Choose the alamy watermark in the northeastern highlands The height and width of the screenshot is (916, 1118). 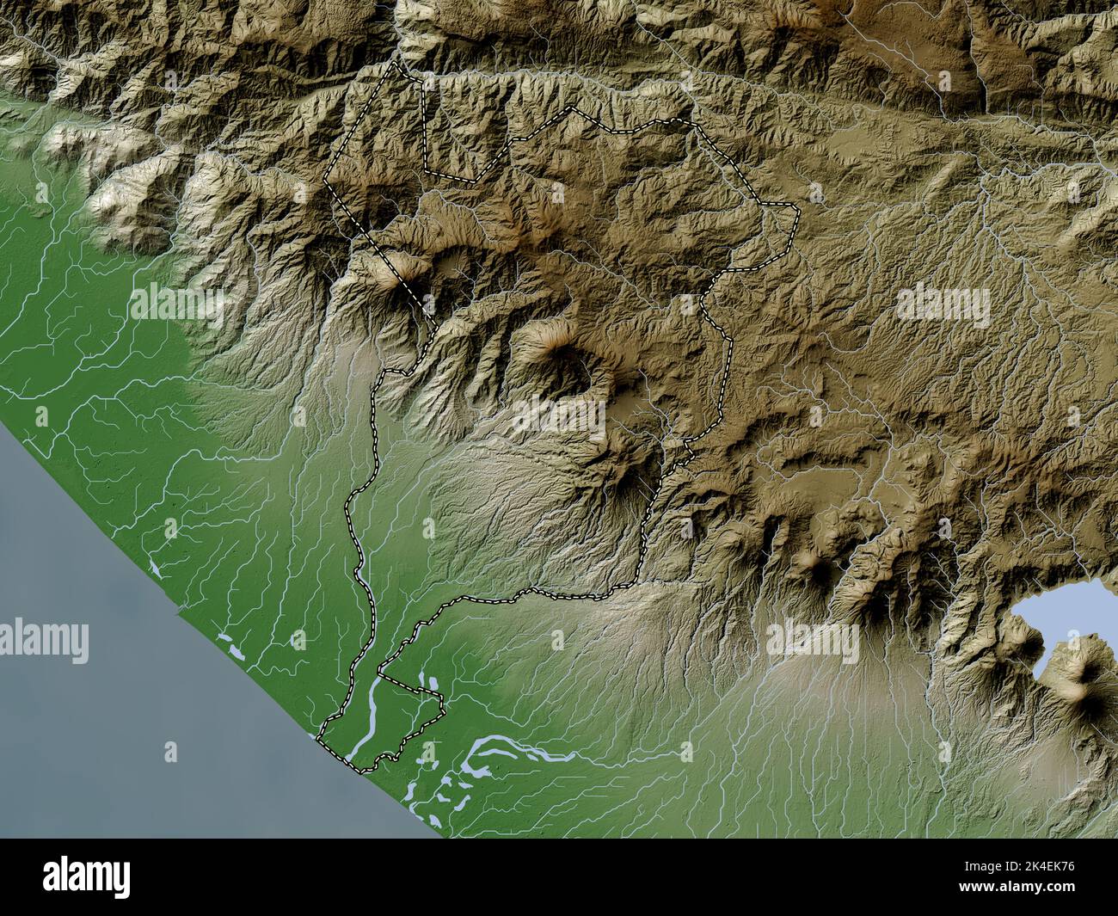pos(943,304)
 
